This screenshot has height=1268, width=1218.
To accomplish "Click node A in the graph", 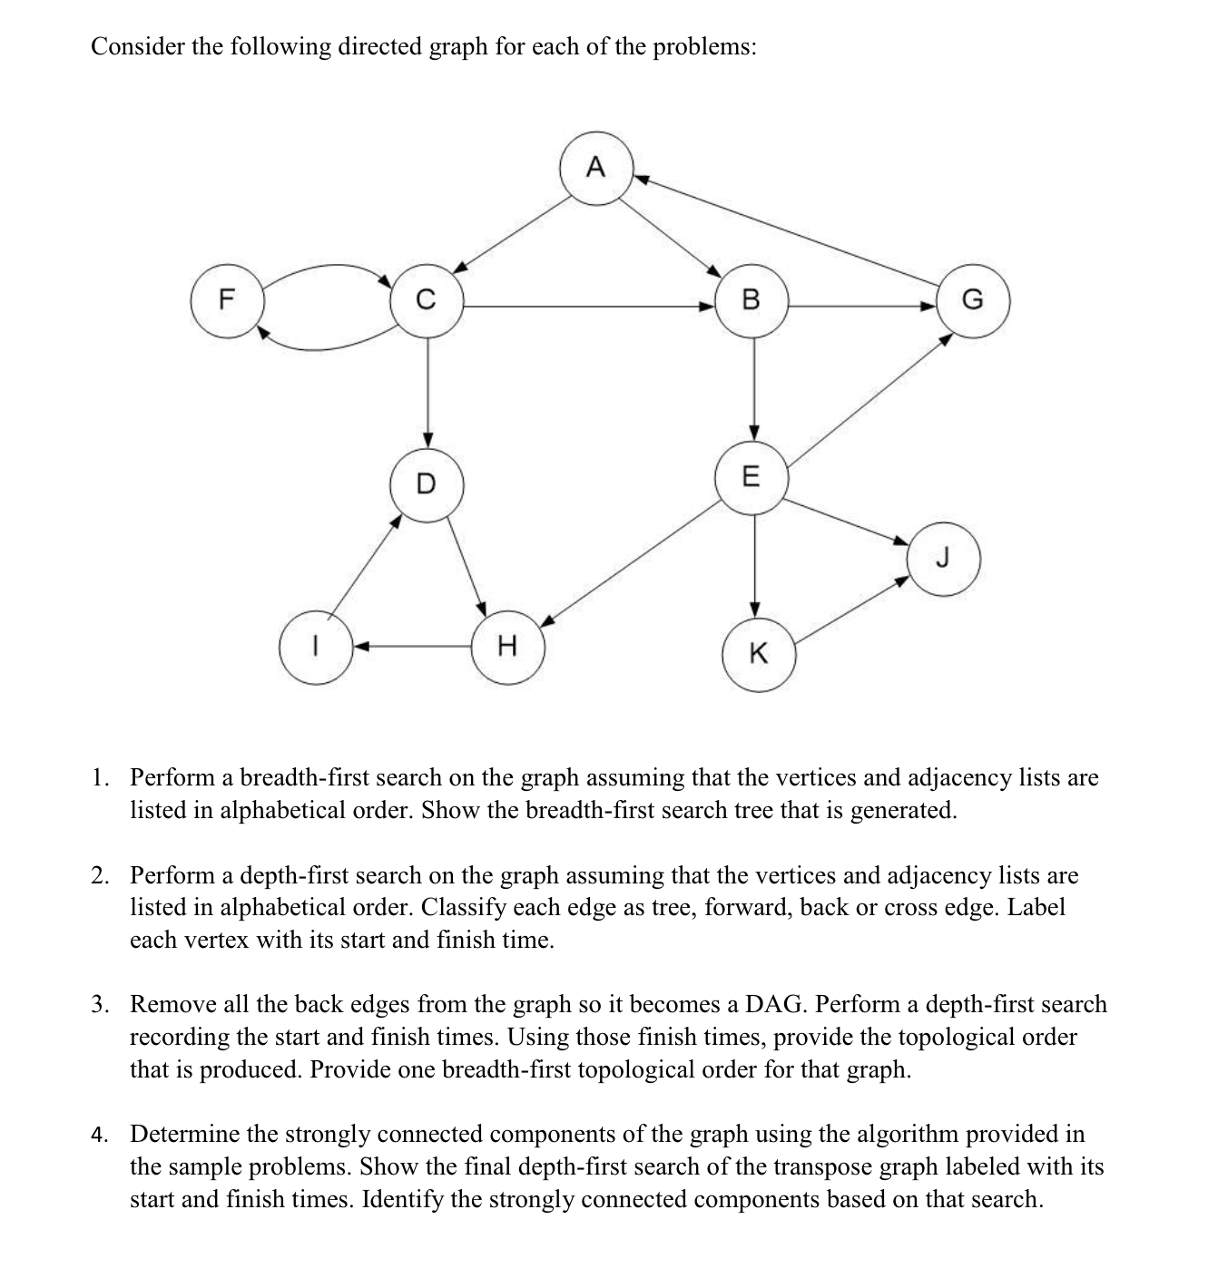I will click(x=595, y=169).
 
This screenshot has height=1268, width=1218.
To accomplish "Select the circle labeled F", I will click(x=227, y=300).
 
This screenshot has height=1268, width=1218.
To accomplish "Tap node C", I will click(x=427, y=300).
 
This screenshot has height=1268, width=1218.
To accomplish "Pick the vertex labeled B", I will click(x=751, y=300).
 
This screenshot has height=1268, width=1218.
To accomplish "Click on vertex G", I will click(x=972, y=300).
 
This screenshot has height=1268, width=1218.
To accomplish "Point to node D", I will click(x=427, y=483).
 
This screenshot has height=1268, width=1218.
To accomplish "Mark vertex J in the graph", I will click(x=943, y=559).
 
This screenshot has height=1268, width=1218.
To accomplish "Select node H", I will click(x=508, y=647).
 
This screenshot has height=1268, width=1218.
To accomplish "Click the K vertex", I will click(x=759, y=654).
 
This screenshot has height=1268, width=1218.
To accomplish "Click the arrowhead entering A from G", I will click(x=639, y=179).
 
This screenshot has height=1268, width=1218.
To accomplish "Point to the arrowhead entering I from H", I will click(x=359, y=647).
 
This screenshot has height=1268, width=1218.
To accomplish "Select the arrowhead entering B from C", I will click(x=708, y=307).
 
